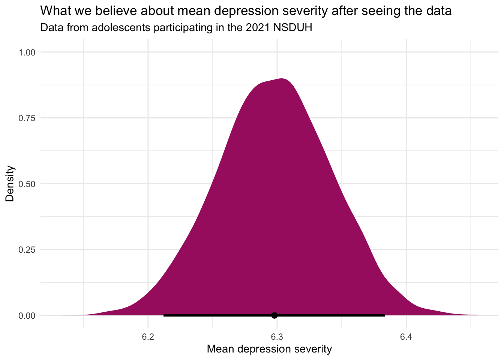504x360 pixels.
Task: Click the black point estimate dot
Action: [274, 315]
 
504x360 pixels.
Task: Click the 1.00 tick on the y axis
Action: [27, 52]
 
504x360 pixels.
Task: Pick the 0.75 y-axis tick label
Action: [27, 118]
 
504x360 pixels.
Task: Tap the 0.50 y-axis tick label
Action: [27, 184]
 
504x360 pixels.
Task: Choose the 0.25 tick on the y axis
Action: [27, 250]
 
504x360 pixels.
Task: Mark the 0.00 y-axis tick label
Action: [27, 315]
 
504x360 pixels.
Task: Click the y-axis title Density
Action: [10, 184]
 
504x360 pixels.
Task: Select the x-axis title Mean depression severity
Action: [269, 349]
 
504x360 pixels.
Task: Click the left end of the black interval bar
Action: [164, 315]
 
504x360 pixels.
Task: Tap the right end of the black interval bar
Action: [384, 315]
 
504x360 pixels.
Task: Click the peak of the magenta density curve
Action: [282, 79]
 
